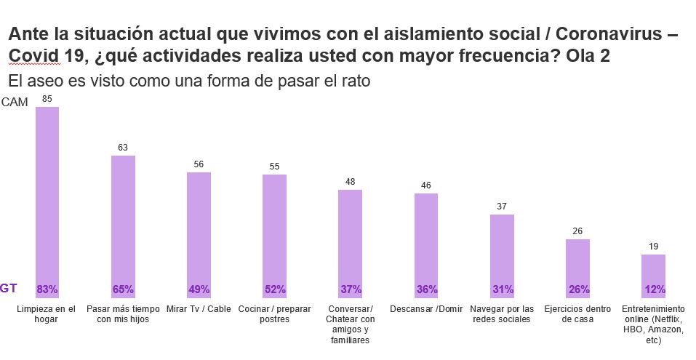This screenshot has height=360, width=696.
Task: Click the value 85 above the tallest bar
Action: pyautogui.click(x=47, y=98)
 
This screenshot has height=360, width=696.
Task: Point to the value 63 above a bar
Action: pyautogui.click(x=123, y=148)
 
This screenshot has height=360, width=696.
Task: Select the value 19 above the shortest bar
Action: pyautogui.click(x=653, y=247)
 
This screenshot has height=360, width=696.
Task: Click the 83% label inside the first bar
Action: pyautogui.click(x=47, y=289)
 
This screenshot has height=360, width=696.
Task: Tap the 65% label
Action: pyautogui.click(x=123, y=289)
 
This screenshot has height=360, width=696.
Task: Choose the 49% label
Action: pyautogui.click(x=199, y=289)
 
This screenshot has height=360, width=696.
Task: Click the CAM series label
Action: pyautogui.click(x=15, y=103)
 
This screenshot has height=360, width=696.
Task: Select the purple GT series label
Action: pyautogui.click(x=9, y=288)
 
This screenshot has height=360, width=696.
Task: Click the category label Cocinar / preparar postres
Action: pyautogui.click(x=274, y=313)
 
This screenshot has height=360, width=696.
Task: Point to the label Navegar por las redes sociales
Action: pyautogui.click(x=502, y=313)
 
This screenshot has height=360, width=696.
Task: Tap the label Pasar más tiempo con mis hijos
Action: pyautogui.click(x=123, y=313)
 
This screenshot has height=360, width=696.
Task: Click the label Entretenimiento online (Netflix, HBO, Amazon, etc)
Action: pyautogui.click(x=653, y=324)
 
